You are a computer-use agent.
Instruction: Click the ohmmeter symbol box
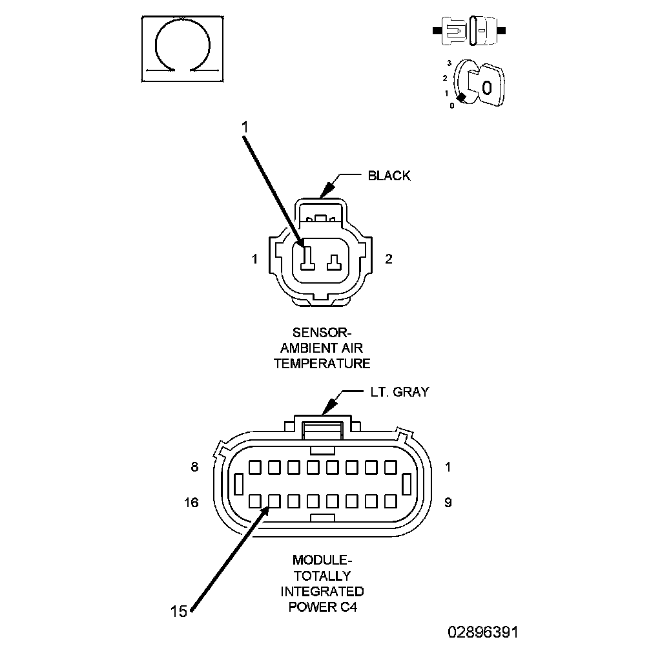click(x=182, y=49)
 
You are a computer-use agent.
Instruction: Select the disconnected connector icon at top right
click(x=469, y=31)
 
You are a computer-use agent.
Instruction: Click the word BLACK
click(x=389, y=176)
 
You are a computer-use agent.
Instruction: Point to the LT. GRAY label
click(x=399, y=392)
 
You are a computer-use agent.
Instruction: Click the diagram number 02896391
click(x=483, y=632)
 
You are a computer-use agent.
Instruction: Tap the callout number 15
click(x=179, y=611)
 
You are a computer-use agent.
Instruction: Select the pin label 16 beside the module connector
click(x=191, y=503)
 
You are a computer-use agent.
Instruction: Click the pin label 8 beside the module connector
click(x=195, y=467)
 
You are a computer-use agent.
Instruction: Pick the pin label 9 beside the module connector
click(x=448, y=503)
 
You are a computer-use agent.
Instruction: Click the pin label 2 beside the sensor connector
click(x=389, y=259)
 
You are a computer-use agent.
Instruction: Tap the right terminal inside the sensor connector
click(x=334, y=262)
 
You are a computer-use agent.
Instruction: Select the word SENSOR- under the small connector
click(x=322, y=333)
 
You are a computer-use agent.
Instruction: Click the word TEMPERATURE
click(x=322, y=363)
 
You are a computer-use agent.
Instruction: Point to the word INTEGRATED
click(x=322, y=591)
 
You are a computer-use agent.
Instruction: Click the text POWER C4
click(x=323, y=607)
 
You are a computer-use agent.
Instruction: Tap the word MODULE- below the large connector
click(x=322, y=560)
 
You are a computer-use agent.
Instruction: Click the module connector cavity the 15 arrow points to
click(x=274, y=501)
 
